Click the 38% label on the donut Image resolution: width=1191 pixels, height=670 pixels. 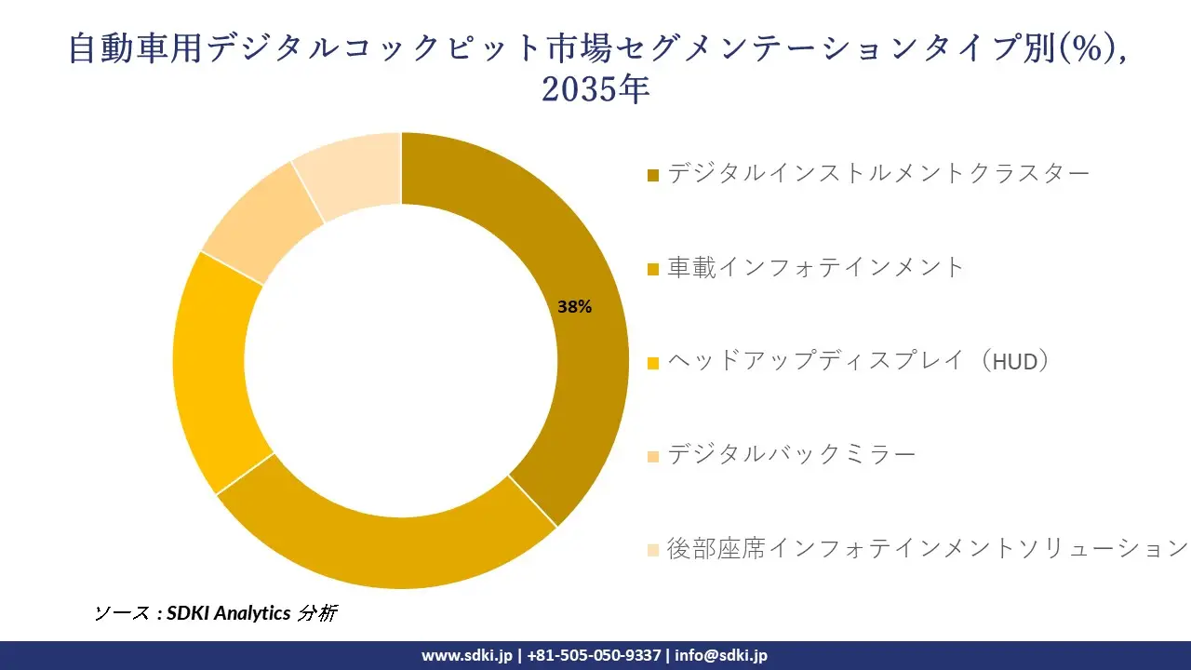point(574,307)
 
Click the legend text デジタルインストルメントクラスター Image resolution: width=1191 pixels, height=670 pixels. point(878,173)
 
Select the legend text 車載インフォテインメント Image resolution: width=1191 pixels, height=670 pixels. point(816,267)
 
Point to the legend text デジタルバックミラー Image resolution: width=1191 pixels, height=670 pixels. point(792,454)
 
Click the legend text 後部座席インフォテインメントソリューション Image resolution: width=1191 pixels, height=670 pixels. point(927,547)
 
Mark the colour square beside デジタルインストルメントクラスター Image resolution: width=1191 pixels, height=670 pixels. point(653,175)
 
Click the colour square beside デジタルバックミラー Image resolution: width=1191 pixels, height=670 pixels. point(653,456)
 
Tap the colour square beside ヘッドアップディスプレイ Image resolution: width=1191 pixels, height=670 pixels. point(653,363)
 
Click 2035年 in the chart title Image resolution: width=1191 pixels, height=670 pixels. point(595,90)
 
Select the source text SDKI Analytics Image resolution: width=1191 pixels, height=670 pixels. point(228,613)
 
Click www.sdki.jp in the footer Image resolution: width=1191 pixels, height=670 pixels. point(466,655)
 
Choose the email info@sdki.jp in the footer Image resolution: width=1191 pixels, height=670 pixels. point(721,655)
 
